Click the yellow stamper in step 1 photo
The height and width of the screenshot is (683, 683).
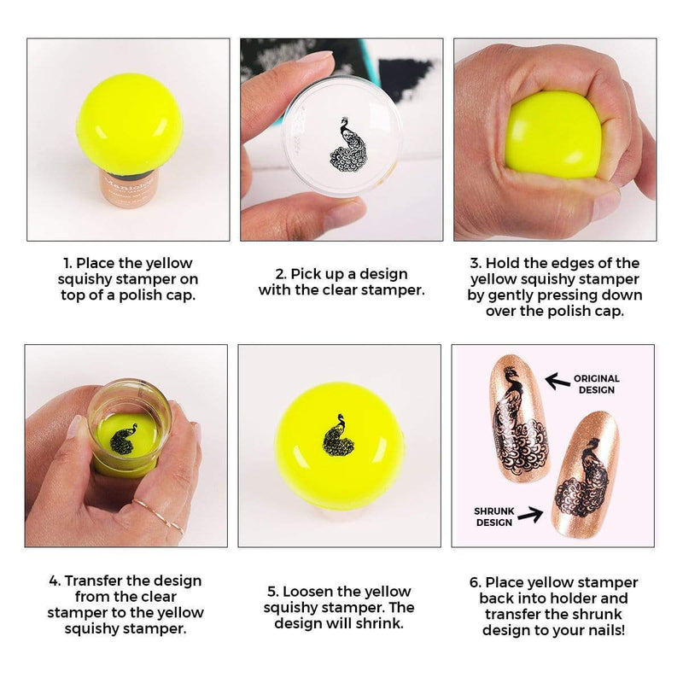point(130,124)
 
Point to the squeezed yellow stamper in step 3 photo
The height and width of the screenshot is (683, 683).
point(553,136)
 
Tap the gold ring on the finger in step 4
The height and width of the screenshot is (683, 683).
point(159,517)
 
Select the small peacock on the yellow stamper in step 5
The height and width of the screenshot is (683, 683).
point(338,435)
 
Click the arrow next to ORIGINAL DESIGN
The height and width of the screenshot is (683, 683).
point(557,381)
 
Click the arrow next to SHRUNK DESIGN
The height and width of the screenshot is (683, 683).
point(530,515)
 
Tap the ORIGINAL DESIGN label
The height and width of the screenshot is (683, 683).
point(596,384)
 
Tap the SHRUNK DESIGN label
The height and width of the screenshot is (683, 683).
point(494,517)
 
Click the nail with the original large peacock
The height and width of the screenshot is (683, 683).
point(520,417)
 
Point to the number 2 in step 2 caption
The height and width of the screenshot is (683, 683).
point(281,274)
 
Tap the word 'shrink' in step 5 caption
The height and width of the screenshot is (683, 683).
point(379,623)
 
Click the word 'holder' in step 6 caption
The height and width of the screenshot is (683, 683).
point(571,598)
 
